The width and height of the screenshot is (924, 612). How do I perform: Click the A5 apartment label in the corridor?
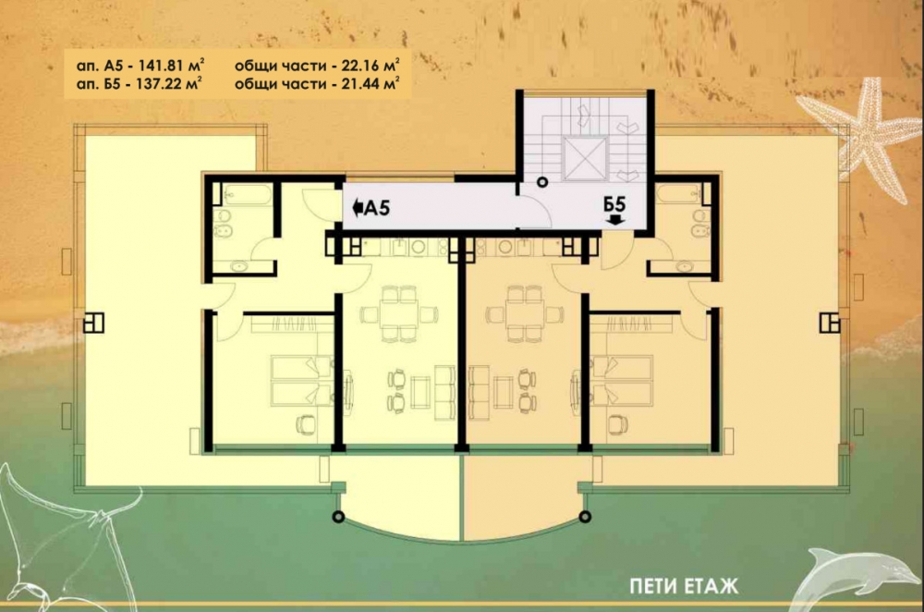point(377,207)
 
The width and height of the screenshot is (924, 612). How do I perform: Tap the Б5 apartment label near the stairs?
point(614,204)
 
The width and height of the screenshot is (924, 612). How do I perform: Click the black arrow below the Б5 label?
point(614,220)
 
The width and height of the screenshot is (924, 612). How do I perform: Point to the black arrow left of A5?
point(357,207)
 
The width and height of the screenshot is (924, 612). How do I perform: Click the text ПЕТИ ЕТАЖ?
point(684,587)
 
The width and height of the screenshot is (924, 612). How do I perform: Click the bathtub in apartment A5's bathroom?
point(248,194)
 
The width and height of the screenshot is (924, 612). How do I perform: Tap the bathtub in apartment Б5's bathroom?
point(678,194)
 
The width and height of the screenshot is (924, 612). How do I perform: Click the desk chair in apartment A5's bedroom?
point(305,424)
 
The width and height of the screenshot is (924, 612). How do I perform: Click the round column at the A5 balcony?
point(337,517)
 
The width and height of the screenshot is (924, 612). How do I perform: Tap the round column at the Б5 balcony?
point(585,517)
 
